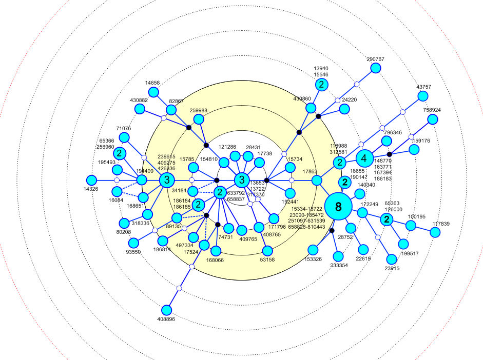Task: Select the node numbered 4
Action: point(364,157)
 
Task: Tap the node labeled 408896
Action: point(167,310)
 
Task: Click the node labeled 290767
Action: point(376,68)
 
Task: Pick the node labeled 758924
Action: point(433,119)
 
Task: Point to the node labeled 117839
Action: point(435,232)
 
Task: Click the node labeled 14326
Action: point(91,180)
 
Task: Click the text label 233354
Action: point(339,266)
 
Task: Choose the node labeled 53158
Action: point(267,251)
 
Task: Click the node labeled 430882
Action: point(139,109)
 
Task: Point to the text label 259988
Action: point(198,110)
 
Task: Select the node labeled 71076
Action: point(124,137)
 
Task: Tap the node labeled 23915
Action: point(392,259)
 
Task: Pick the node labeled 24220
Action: point(344,109)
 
